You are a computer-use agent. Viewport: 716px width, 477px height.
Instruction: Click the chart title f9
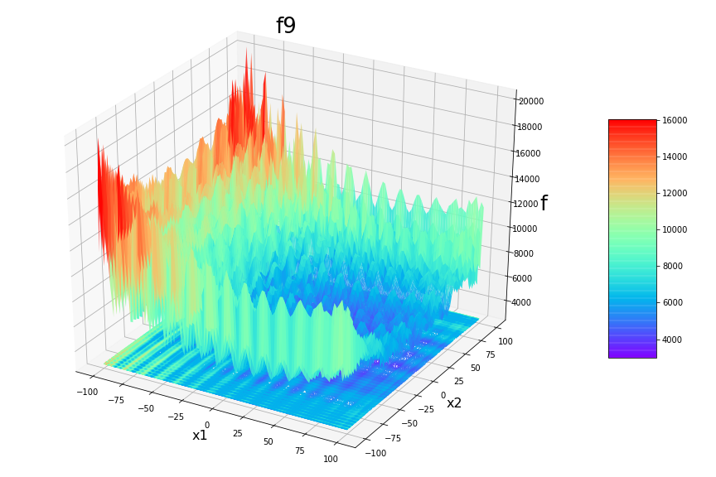tap(286, 26)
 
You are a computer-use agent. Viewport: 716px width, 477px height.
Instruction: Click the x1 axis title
tap(200, 436)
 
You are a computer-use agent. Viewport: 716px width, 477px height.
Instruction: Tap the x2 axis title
tap(454, 403)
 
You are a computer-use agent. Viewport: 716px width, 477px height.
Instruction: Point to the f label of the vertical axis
tap(544, 204)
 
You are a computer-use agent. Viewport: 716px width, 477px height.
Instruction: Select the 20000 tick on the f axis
tap(530, 101)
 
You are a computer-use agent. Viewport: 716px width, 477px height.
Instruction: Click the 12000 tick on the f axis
tap(530, 204)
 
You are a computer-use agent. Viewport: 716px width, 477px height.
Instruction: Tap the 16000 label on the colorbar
tap(675, 120)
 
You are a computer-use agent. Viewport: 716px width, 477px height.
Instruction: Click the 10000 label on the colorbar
tap(675, 229)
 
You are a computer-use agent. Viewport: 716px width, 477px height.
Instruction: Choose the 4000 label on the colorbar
tap(673, 340)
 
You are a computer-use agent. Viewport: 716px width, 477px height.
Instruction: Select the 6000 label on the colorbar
tap(673, 303)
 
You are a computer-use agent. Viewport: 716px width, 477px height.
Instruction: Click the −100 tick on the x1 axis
tap(87, 390)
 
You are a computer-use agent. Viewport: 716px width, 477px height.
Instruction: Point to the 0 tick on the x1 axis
tap(207, 424)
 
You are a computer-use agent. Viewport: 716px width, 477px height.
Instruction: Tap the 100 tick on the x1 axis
tap(330, 459)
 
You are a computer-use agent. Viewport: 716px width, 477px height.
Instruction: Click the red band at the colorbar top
tap(631, 123)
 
